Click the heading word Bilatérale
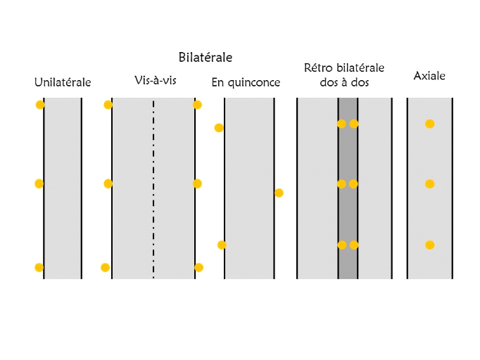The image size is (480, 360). pyautogui.click(x=205, y=57)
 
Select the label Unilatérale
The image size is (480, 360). pyautogui.click(x=63, y=83)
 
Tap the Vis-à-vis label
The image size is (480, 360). pyautogui.click(x=155, y=80)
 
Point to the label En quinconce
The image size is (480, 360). pyautogui.click(x=246, y=83)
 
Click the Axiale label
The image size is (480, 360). pyautogui.click(x=429, y=75)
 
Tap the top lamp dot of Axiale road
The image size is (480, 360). pyautogui.click(x=429, y=124)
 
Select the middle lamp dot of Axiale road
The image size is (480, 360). pyautogui.click(x=429, y=184)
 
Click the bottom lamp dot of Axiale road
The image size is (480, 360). pyautogui.click(x=429, y=245)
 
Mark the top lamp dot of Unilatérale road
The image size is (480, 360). pyautogui.click(x=40, y=105)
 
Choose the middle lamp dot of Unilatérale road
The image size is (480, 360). pyautogui.click(x=39, y=184)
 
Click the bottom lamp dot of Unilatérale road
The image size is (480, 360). pyautogui.click(x=39, y=267)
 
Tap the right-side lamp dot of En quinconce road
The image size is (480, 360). pyautogui.click(x=279, y=193)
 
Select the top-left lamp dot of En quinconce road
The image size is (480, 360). pyautogui.click(x=219, y=128)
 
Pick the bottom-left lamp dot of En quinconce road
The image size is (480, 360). pyautogui.click(x=222, y=245)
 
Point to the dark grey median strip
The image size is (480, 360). pyautogui.click(x=348, y=211)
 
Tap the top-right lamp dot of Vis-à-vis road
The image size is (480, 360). pyautogui.click(x=197, y=105)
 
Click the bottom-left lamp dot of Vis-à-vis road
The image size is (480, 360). pyautogui.click(x=105, y=267)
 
